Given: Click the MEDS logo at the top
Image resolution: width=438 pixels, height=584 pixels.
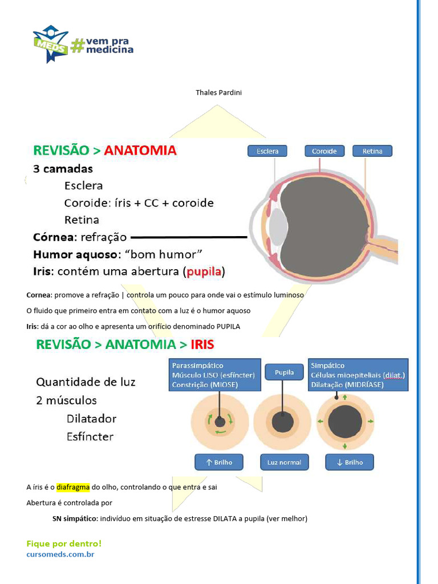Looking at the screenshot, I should click(x=50, y=43).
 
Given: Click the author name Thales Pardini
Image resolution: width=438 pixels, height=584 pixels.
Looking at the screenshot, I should click(x=218, y=92).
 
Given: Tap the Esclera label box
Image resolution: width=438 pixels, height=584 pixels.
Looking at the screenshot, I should click(x=267, y=151).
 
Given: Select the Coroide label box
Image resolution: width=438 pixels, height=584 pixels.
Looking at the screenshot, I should click(x=324, y=151).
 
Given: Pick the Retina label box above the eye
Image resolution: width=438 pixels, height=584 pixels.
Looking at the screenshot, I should click(x=372, y=151).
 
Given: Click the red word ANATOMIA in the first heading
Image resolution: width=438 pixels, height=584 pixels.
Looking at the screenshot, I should click(x=140, y=151).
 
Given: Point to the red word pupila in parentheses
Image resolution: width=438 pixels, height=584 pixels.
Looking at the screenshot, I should click(x=204, y=271).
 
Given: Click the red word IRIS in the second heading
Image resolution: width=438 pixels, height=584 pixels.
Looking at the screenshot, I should click(x=202, y=344).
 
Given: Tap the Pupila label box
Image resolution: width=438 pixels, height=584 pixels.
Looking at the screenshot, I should click(x=284, y=373).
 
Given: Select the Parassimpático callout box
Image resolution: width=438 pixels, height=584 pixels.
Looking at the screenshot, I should click(x=214, y=375).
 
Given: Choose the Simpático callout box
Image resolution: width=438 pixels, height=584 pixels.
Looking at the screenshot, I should click(x=358, y=375).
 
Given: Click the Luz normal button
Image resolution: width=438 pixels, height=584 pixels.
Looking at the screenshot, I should click(x=284, y=462).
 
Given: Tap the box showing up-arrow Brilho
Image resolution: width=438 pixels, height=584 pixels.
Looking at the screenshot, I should click(x=219, y=462).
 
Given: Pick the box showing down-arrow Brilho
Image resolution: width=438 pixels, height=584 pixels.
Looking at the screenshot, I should click(x=350, y=462).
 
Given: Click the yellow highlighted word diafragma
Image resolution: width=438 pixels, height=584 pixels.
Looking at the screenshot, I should click(x=73, y=488).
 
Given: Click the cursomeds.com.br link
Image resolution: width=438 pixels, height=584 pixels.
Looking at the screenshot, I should click(x=60, y=554).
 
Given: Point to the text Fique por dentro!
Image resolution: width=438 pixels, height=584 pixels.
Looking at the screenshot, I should click(x=64, y=544).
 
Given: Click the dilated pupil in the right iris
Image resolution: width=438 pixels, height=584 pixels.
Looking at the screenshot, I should click(x=345, y=422).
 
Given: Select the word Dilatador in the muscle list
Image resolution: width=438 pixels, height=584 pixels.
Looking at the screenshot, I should click(x=91, y=419).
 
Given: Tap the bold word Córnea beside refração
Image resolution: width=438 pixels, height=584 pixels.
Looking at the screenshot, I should click(x=54, y=237).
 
